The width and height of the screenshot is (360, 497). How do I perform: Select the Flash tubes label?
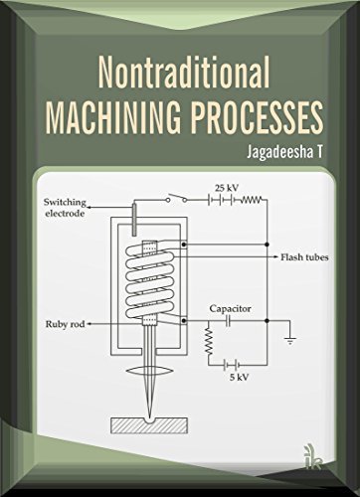coord(299,256)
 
